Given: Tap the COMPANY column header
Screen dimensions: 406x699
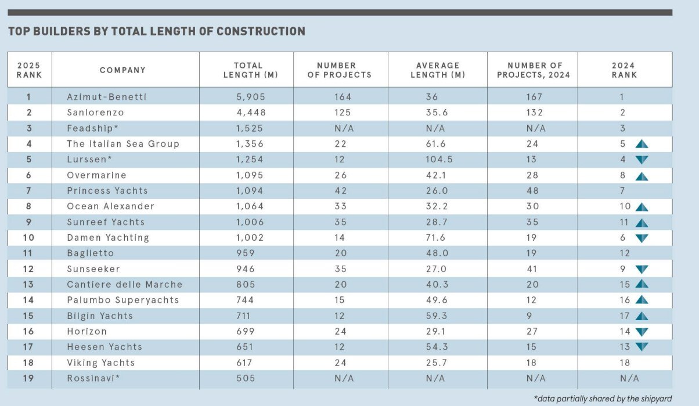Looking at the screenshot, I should pos(122,70).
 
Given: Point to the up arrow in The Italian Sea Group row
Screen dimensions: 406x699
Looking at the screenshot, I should pos(641,144).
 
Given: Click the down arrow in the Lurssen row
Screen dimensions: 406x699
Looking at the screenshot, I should pos(641,159).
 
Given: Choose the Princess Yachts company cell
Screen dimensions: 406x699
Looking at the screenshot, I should pos(107,191).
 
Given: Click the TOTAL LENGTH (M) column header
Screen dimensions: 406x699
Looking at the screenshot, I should pos(248,70).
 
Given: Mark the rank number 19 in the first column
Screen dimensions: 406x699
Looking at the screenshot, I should pos(28,378).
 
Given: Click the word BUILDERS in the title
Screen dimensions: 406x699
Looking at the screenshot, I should pos(60,31).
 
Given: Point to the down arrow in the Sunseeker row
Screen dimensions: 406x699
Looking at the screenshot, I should pos(641,269).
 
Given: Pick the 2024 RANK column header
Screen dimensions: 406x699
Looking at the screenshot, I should pos(624,70).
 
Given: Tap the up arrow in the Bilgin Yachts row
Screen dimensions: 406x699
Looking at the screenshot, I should pos(641,316).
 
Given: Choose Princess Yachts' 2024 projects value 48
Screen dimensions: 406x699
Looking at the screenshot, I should pos(532,191).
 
